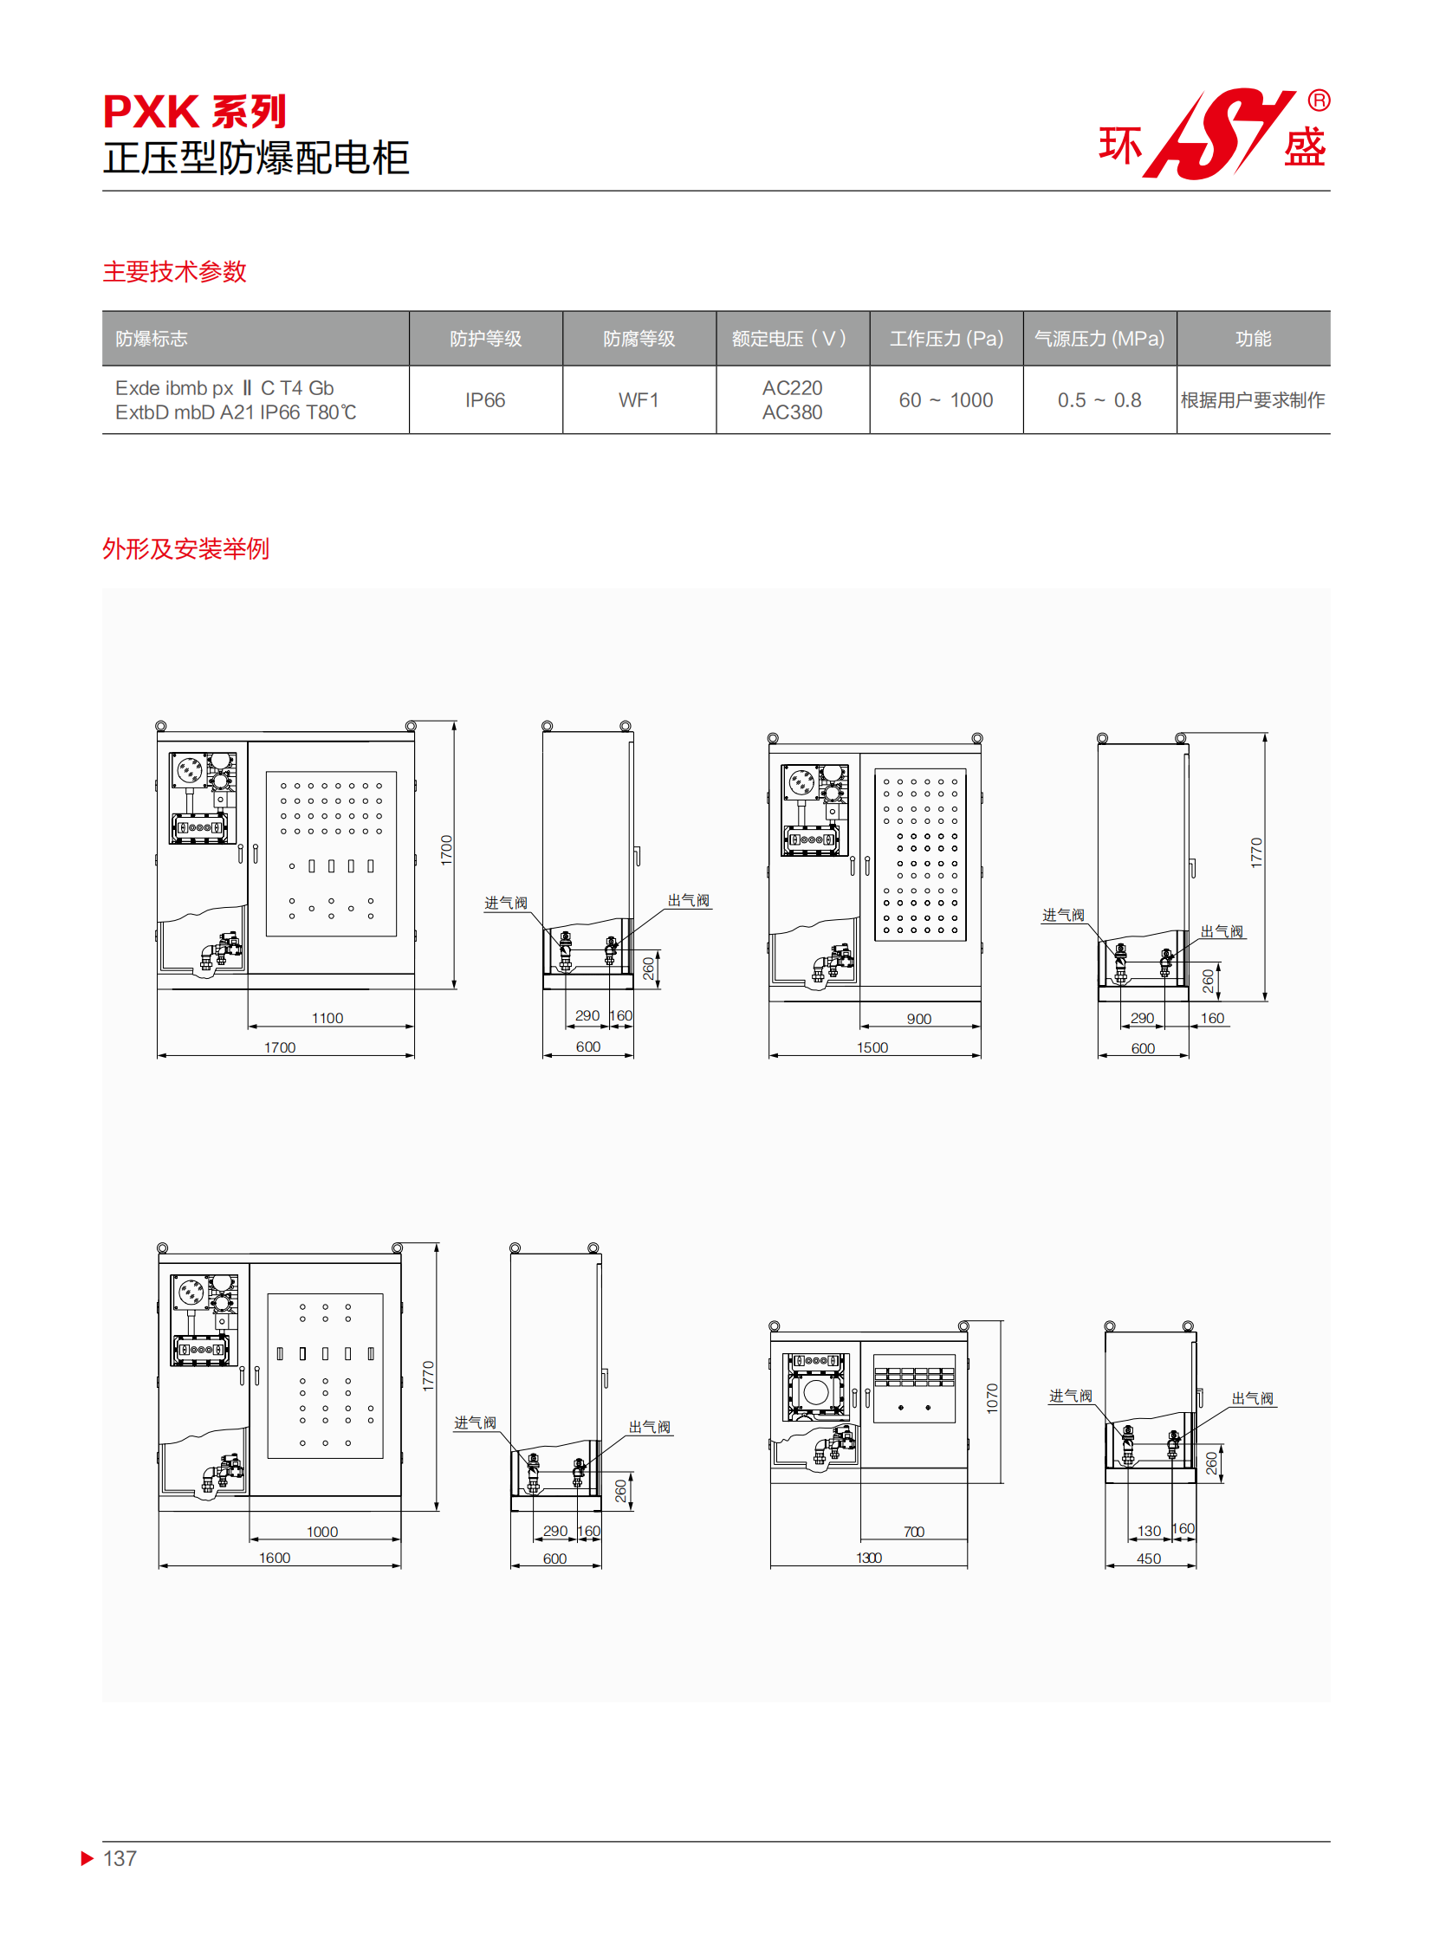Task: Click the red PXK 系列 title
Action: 194,112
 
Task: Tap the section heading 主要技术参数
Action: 174,271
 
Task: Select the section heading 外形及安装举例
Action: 185,548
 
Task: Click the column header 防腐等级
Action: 639,339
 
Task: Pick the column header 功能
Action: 1253,339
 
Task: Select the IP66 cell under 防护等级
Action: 485,400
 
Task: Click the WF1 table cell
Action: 639,400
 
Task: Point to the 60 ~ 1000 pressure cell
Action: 945,400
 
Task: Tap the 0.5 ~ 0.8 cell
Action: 1099,400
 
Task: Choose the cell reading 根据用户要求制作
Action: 1253,400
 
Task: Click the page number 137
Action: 120,1858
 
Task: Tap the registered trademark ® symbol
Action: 1318,100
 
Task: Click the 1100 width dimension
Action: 327,1018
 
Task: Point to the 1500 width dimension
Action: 872,1047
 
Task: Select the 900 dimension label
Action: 918,1019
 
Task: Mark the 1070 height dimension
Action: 992,1398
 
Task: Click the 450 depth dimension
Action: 1149,1558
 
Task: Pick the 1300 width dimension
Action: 868,1557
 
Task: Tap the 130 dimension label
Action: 1149,1531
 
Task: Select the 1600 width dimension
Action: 274,1557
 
